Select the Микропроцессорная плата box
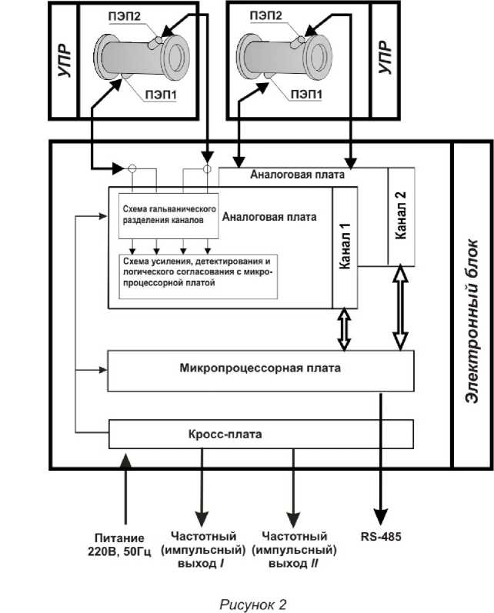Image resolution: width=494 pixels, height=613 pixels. [260, 369]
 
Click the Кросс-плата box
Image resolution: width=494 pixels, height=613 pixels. [260, 434]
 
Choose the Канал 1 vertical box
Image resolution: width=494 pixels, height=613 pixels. [345, 248]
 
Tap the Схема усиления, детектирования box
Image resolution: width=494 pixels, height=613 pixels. [196, 272]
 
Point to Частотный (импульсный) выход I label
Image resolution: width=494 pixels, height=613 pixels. [203, 548]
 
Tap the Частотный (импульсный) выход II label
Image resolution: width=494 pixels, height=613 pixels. [295, 548]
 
